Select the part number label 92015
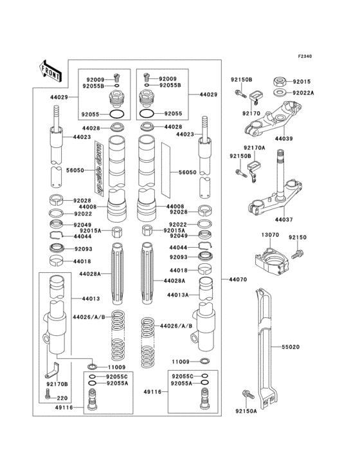(x=301, y=82)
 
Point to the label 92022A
(x=304, y=93)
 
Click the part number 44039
(x=283, y=138)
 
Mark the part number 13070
(x=270, y=235)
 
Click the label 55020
(x=290, y=347)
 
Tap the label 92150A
(x=246, y=411)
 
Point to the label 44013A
(x=178, y=295)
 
